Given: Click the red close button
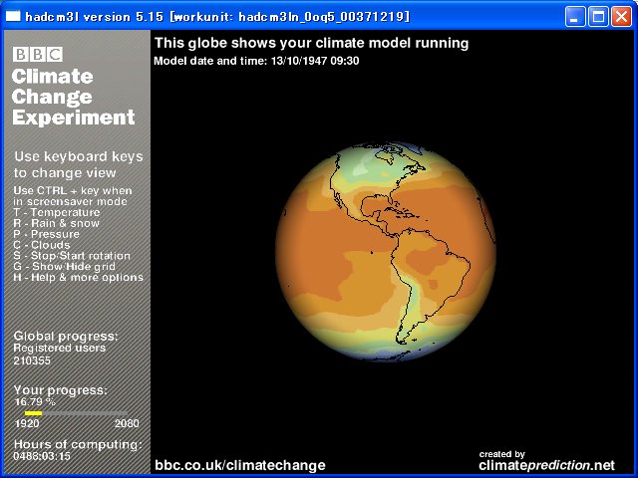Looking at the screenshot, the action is tap(621, 17).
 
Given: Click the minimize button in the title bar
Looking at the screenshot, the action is tap(575, 17).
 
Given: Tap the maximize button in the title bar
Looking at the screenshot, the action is tap(598, 17).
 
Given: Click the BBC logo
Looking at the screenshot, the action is tap(38, 54).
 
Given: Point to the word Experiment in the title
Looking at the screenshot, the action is tap(73, 118).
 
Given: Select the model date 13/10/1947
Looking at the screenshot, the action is tap(299, 61).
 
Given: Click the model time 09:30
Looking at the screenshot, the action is tap(345, 61).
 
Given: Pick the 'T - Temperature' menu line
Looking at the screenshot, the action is tap(57, 212).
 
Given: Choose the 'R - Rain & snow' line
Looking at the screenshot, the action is tap(56, 223).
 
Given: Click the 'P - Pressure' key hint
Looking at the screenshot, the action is tap(47, 234).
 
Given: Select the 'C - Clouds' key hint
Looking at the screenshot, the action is tap(42, 245).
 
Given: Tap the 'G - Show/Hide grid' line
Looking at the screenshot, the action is tap(64, 267).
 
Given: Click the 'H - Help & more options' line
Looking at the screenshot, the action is tap(78, 278).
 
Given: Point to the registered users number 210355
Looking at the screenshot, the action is tap(32, 360).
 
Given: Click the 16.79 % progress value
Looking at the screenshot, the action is tap(35, 402).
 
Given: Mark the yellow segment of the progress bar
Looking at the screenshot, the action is tap(33, 413).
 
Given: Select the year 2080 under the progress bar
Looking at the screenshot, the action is tap(127, 423).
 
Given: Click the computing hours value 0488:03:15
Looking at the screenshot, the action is tap(42, 456).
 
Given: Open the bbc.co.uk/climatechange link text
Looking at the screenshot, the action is tap(240, 465).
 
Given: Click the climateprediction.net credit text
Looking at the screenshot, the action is tap(547, 465).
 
